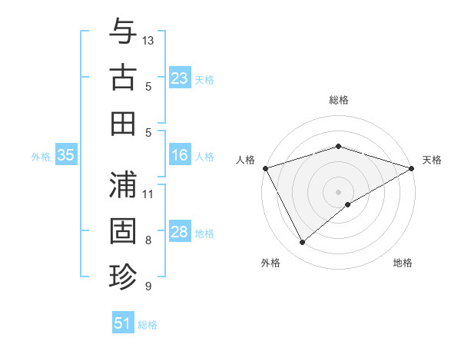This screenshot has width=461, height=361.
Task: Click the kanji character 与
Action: [123, 32]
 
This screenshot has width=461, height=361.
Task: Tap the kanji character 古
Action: [123, 78]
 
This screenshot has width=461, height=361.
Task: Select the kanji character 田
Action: [123, 123]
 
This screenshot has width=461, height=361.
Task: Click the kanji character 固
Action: [123, 230]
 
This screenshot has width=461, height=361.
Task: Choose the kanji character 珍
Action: [123, 276]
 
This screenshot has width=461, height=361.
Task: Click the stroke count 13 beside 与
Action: [149, 40]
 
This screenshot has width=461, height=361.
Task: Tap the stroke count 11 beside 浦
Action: [149, 194]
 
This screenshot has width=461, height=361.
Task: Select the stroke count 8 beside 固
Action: [149, 240]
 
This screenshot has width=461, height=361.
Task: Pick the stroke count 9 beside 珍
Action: [149, 286]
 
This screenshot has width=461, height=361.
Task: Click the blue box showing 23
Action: [180, 78]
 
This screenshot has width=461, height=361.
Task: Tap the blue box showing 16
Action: [180, 155]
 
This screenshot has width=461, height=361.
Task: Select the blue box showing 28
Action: [180, 232]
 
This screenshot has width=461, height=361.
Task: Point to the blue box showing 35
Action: [66, 155]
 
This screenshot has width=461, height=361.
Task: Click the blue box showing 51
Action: [123, 323]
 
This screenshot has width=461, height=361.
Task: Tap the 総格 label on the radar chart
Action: [338, 100]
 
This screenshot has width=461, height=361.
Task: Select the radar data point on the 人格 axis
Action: [265, 167]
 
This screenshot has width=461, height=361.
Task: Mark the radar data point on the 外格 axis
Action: [302, 243]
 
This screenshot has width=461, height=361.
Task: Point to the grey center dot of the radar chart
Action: [338, 191]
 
